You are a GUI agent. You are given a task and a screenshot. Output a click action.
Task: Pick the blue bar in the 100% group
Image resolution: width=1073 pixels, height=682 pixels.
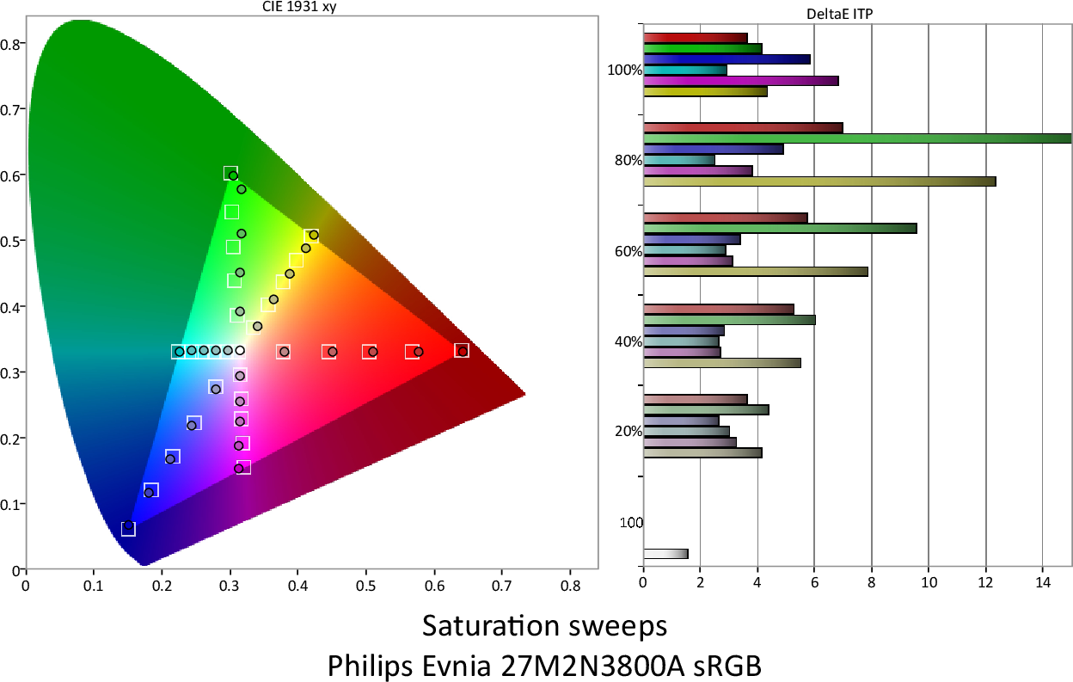727,59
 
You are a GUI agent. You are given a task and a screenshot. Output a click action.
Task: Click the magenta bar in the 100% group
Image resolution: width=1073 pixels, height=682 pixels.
740,81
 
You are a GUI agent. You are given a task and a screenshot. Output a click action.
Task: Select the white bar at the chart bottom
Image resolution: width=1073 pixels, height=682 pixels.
665,554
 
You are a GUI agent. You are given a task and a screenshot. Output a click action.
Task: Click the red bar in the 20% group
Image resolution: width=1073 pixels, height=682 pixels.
695,399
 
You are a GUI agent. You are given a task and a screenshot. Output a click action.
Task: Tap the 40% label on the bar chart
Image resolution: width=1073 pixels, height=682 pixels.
629,341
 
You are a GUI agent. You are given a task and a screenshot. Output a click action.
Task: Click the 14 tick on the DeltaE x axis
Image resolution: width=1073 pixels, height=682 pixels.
1043,582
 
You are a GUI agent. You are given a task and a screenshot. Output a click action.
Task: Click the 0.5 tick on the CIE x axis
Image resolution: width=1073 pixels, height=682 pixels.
366,586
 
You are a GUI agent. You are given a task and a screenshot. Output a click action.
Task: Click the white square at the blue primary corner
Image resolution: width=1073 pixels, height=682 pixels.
128,529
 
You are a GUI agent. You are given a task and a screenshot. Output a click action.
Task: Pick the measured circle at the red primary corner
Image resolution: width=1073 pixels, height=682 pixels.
463,352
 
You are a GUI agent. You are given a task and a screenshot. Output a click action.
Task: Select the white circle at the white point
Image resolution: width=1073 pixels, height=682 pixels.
240,351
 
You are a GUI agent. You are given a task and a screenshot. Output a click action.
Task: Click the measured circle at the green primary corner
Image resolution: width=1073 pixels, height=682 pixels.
233,175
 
